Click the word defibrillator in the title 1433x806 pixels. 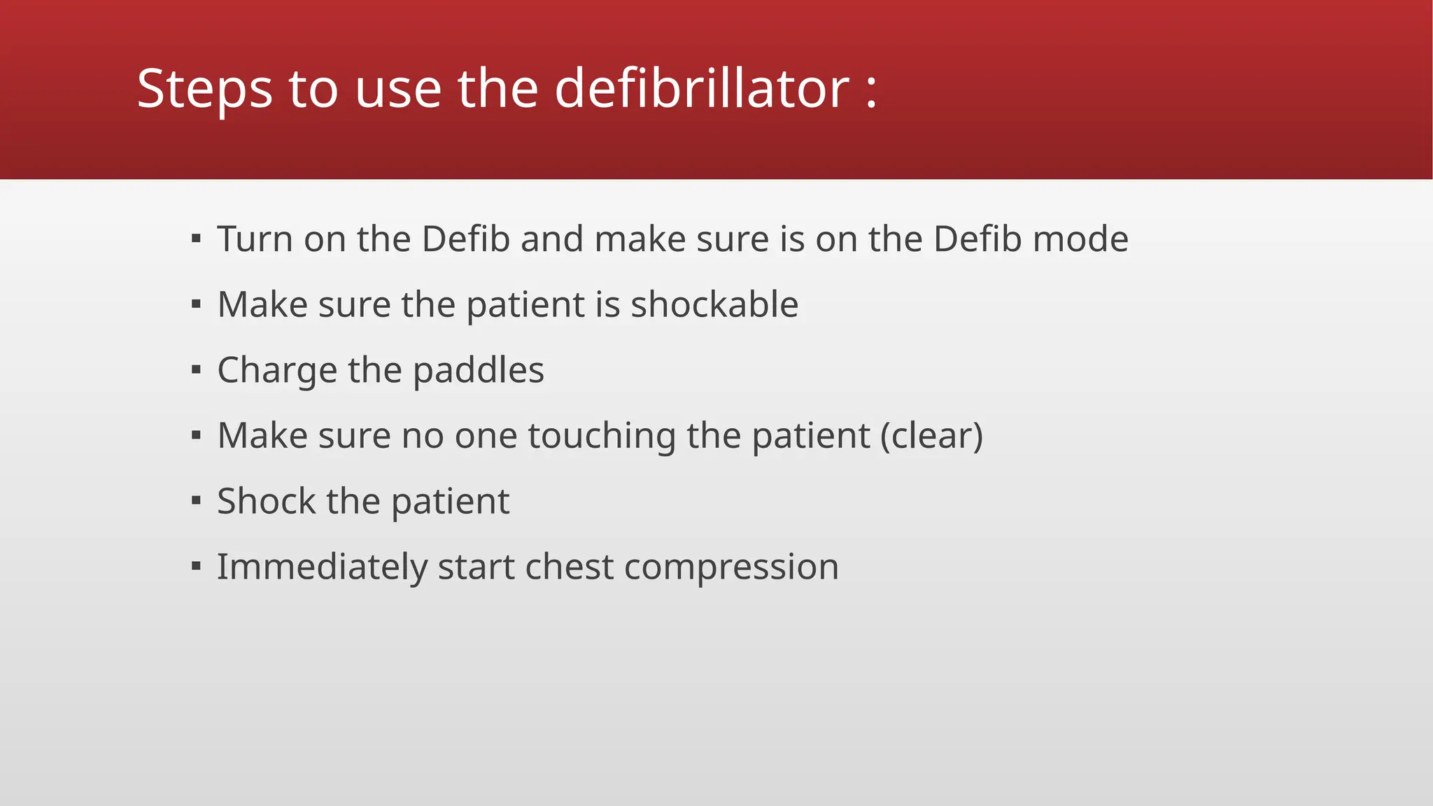(702, 89)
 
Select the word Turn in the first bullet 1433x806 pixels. (255, 239)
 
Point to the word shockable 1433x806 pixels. (714, 304)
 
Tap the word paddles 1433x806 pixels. (478, 371)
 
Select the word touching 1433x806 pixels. (601, 436)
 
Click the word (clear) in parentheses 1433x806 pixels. (931, 436)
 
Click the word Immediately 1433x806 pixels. (322, 567)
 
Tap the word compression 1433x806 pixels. (730, 567)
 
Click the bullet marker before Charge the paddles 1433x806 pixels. (196, 370)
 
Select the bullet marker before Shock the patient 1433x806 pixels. (196, 501)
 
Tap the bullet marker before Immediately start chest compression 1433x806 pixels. (196, 566)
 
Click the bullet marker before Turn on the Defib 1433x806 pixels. (196, 239)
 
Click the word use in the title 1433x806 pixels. (397, 90)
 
